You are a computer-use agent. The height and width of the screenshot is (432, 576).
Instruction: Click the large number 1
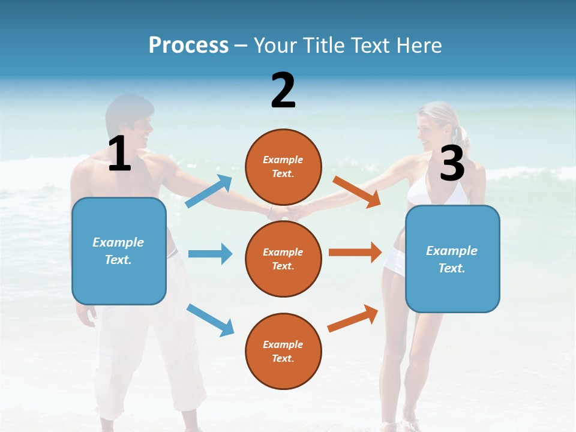coord(119,154)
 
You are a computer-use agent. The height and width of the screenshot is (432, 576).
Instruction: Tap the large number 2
coord(283,91)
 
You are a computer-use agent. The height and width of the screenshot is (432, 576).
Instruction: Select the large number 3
coord(452,164)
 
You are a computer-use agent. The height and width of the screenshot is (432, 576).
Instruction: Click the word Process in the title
coord(188,45)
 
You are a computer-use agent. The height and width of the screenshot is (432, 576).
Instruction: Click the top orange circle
coord(283,167)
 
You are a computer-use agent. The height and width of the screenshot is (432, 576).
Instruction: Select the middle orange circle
coord(283,259)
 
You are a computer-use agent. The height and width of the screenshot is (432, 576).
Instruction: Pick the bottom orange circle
coord(283,351)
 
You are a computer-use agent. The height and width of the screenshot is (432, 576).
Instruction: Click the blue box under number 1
coord(119,251)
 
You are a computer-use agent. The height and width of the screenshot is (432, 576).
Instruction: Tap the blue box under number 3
coord(452,259)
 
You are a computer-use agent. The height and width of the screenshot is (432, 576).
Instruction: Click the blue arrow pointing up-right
coord(209,191)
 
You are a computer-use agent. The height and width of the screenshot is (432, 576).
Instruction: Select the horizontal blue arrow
coord(210,254)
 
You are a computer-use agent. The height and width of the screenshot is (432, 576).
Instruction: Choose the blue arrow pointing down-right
coord(210,319)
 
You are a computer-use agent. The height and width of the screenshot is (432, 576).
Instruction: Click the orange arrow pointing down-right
coord(356,191)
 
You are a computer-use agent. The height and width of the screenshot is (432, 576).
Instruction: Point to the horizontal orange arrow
coord(355,253)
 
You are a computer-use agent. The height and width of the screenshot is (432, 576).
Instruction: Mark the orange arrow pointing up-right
coord(353,318)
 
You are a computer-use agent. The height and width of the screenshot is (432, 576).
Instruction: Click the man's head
coord(129,123)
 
